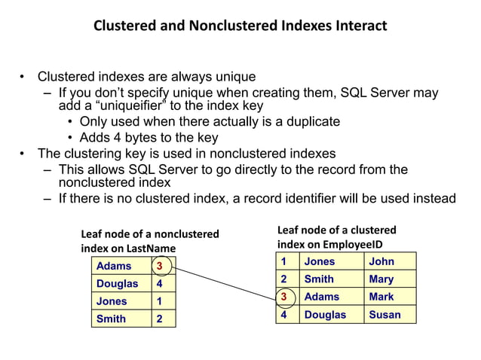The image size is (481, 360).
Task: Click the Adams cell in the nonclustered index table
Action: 114,266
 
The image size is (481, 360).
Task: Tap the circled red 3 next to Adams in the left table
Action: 160,266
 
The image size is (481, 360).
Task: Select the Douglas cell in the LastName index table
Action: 118,284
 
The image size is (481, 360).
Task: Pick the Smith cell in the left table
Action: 112,319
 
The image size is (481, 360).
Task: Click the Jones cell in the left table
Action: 112,301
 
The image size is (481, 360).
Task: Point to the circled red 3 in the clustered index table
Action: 283,297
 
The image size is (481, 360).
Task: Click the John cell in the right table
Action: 381,261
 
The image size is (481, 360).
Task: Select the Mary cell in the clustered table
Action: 381,279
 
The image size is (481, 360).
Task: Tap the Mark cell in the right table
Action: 381,297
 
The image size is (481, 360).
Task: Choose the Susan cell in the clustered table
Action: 385,315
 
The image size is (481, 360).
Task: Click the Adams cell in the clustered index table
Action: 322,297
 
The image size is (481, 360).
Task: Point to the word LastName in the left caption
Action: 152,249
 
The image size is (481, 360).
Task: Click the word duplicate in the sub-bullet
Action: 304,121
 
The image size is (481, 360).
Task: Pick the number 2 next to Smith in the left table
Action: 159,319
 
